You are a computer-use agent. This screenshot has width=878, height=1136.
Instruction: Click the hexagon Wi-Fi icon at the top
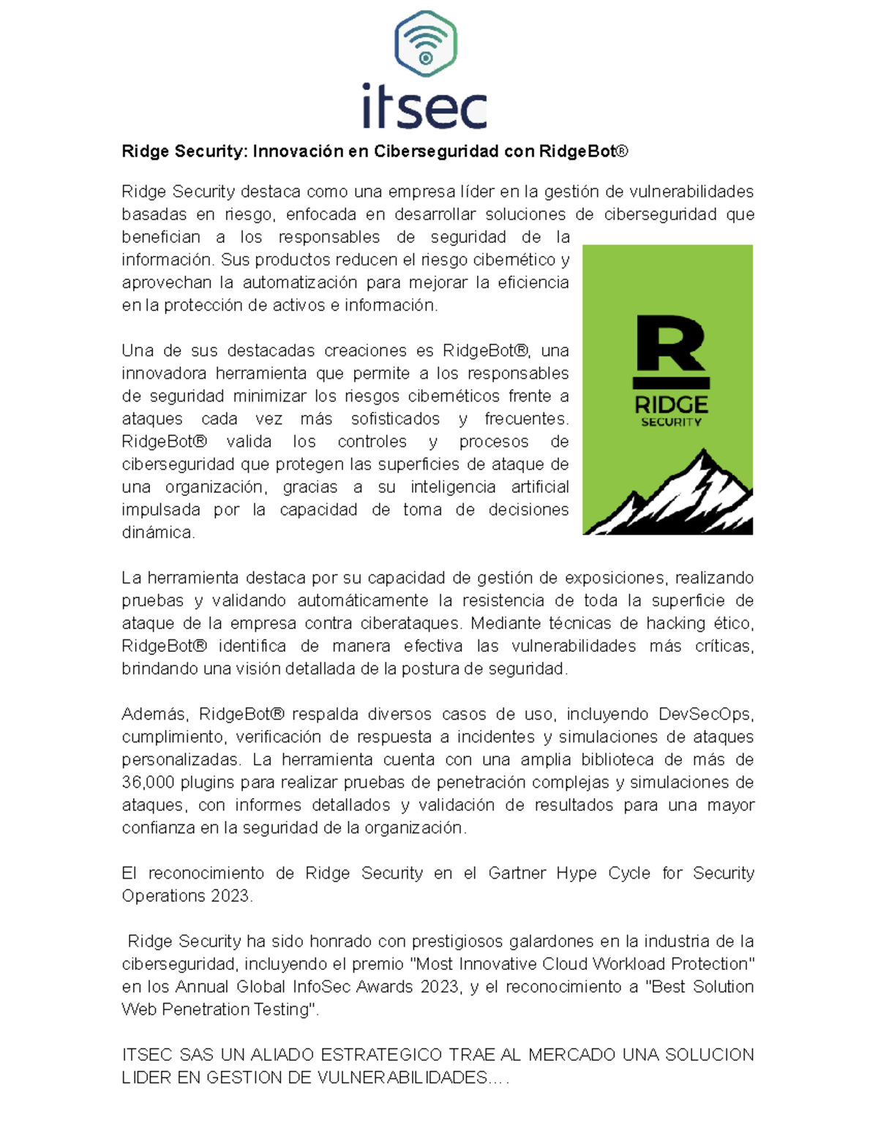[425, 44]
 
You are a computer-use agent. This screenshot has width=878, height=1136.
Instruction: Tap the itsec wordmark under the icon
[425, 106]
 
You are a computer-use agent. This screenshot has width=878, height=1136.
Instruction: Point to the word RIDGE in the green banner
[671, 405]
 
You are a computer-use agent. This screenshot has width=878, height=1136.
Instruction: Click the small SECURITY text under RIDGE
[671, 422]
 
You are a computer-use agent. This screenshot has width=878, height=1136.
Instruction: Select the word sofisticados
[395, 419]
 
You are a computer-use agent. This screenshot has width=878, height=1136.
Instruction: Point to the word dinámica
[158, 533]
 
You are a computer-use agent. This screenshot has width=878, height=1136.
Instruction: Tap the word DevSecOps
[705, 714]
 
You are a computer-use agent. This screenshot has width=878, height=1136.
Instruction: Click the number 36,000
[148, 782]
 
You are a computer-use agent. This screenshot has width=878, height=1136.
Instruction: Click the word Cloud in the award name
[566, 963]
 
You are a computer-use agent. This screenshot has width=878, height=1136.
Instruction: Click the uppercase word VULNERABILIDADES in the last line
[403, 1077]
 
